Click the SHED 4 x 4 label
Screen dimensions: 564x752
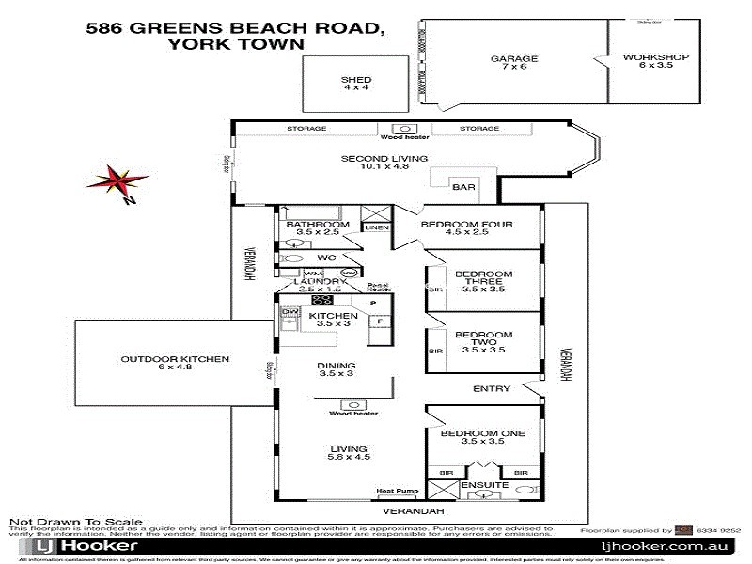(356, 84)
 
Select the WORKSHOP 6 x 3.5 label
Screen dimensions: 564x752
(656, 62)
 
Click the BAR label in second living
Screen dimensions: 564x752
(463, 188)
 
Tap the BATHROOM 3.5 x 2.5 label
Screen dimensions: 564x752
(318, 228)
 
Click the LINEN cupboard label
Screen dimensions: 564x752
(375, 227)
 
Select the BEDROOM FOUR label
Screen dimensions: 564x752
(466, 228)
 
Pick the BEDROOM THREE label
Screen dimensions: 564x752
(483, 281)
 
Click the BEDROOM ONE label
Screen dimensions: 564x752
(483, 437)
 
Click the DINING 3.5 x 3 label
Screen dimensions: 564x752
(337, 369)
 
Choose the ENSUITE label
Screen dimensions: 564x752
(485, 485)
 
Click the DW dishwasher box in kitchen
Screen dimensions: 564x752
(290, 312)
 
